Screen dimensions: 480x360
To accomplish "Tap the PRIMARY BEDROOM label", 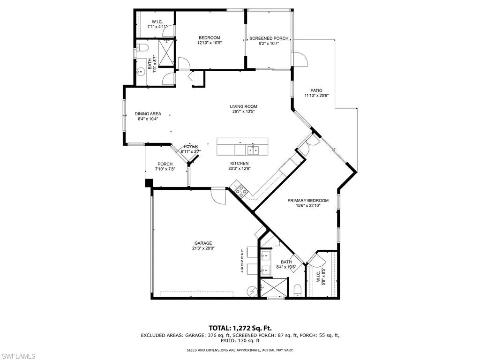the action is tap(308, 201).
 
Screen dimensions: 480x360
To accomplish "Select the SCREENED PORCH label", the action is tap(269, 38).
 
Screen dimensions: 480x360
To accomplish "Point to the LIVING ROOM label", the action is tap(244, 106).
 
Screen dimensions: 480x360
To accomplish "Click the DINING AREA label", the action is tap(148, 114).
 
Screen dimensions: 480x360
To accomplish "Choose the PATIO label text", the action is tap(316, 90).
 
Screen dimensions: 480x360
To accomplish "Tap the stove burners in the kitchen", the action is tap(241, 191).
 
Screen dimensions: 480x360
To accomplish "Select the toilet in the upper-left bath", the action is tap(142, 47).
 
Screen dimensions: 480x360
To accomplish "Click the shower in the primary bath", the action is tap(274, 287).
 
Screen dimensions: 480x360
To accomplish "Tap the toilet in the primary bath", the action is tap(298, 290).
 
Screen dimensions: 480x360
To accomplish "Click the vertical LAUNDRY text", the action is tap(242, 261).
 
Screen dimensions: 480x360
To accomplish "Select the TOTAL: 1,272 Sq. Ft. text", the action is tap(240, 329).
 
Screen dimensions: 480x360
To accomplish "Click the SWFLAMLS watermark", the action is tap(18, 356).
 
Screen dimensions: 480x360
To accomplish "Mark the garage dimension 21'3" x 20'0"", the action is tap(202, 248).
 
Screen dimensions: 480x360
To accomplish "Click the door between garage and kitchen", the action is tap(218, 196).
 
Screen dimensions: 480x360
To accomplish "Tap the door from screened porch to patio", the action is tap(300, 59).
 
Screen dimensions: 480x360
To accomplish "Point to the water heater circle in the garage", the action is tap(253, 291).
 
